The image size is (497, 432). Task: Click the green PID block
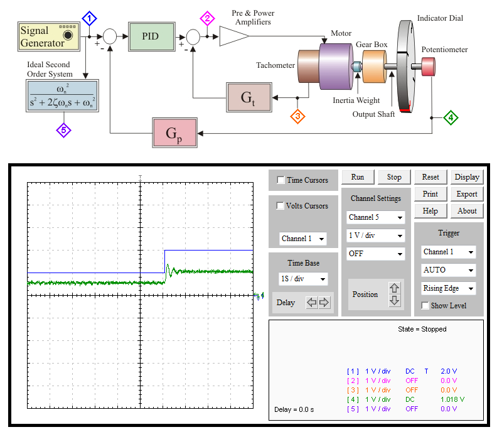click(151, 36)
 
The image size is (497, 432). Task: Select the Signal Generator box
click(49, 36)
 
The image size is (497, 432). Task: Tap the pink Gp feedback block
click(174, 133)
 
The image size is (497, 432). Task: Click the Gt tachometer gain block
click(249, 97)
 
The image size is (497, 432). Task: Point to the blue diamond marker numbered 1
click(89, 19)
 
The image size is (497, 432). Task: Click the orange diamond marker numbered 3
click(297, 116)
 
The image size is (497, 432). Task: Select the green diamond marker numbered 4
click(451, 117)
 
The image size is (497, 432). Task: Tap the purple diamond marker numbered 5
click(64, 130)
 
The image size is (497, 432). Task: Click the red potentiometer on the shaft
click(428, 67)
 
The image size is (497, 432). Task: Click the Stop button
click(394, 177)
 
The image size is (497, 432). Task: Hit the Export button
click(467, 194)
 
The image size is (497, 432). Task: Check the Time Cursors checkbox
click(281, 180)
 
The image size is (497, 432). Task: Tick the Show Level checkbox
click(425, 305)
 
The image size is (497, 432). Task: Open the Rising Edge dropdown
click(448, 288)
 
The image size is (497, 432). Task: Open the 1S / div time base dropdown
click(303, 279)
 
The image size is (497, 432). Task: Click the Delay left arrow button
click(312, 302)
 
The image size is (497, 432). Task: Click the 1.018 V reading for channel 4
click(452, 399)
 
